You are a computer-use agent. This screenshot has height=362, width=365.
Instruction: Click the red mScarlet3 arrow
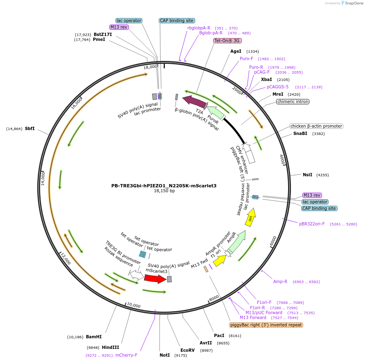[x=155, y=279]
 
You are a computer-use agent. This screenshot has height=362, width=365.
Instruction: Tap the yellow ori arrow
[x=250, y=217]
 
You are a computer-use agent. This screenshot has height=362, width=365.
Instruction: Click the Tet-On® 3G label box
[x=228, y=41]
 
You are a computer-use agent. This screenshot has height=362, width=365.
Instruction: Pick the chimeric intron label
[x=293, y=102]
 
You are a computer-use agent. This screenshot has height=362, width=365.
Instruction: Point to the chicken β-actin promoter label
[x=316, y=126]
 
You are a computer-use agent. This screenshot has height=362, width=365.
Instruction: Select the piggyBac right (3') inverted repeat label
[x=266, y=325]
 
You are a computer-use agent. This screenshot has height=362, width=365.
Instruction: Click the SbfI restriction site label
[x=29, y=129]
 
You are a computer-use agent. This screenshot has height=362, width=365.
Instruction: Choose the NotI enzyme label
[x=164, y=355]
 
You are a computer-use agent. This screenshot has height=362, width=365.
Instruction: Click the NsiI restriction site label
[x=307, y=175]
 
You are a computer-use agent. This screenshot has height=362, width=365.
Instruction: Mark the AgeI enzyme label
[x=236, y=52]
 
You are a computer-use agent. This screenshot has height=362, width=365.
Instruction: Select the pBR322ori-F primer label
[x=312, y=224]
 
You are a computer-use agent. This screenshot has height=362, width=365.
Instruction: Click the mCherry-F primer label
[x=126, y=355]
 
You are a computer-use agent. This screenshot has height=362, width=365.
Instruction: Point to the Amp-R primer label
[x=280, y=281]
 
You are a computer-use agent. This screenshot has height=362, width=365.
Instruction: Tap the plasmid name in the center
[x=164, y=186]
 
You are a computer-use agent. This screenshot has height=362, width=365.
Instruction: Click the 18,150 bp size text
[x=164, y=191]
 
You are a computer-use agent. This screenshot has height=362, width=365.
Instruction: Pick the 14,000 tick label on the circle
[x=43, y=178]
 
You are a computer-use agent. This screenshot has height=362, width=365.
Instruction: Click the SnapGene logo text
[x=354, y=3]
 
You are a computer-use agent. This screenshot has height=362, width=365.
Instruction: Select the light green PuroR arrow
[x=216, y=113]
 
